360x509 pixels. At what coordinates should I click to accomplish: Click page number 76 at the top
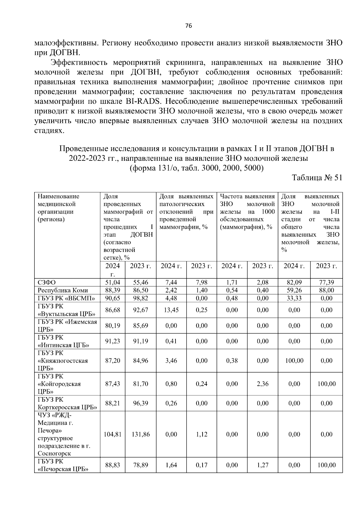pos(188,26)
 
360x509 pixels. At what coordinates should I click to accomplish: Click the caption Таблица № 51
pos(317,178)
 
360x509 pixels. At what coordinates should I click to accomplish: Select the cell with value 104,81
pos(112,434)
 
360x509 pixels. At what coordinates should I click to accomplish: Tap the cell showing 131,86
pos(141,434)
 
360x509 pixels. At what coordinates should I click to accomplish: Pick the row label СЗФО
pos(46,282)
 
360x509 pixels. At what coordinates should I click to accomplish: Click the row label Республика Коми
pos(63,290)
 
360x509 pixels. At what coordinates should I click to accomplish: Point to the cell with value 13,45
pos(171,310)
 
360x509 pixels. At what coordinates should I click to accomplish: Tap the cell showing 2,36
pos(262,384)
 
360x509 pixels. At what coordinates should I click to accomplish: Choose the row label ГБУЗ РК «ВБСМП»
pos(66,298)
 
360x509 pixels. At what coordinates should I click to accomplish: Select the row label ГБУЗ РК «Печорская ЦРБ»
pos(63,465)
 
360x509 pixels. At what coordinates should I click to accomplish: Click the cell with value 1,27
pos(262,465)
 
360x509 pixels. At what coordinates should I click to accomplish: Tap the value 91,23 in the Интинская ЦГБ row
pos(112,341)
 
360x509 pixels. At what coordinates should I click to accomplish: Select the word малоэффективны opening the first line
pos(66,43)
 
